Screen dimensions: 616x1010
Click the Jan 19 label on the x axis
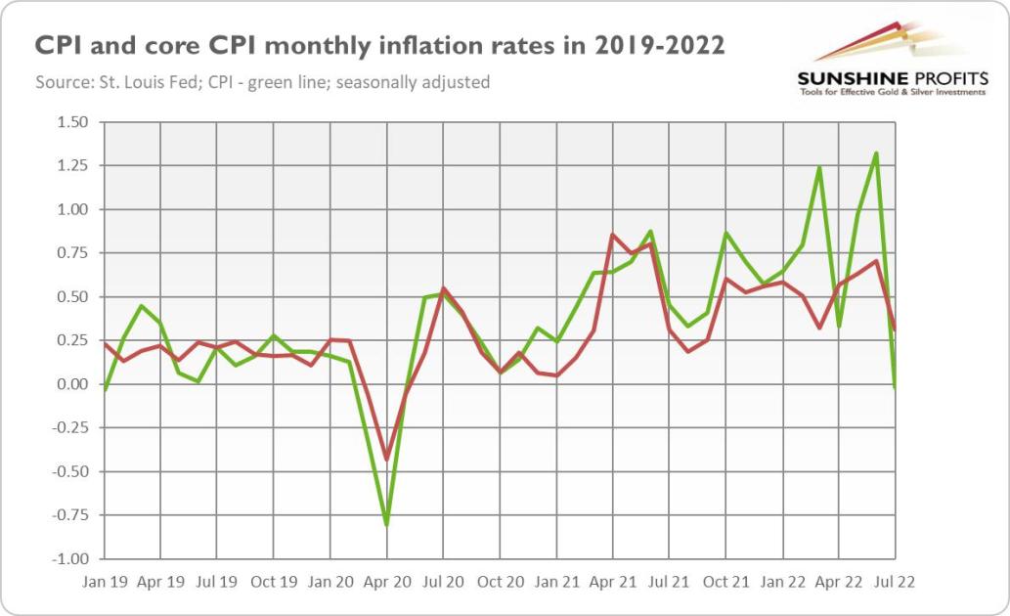point(105,582)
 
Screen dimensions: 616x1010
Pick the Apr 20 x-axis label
point(387,582)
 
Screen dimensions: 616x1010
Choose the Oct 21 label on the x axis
point(725,582)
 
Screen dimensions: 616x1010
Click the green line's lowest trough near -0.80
point(387,525)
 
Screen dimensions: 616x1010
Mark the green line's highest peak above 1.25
point(876,154)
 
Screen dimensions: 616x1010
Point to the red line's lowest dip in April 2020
point(387,460)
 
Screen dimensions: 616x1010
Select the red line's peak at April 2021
point(612,235)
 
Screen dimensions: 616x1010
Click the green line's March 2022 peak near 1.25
point(819,167)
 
